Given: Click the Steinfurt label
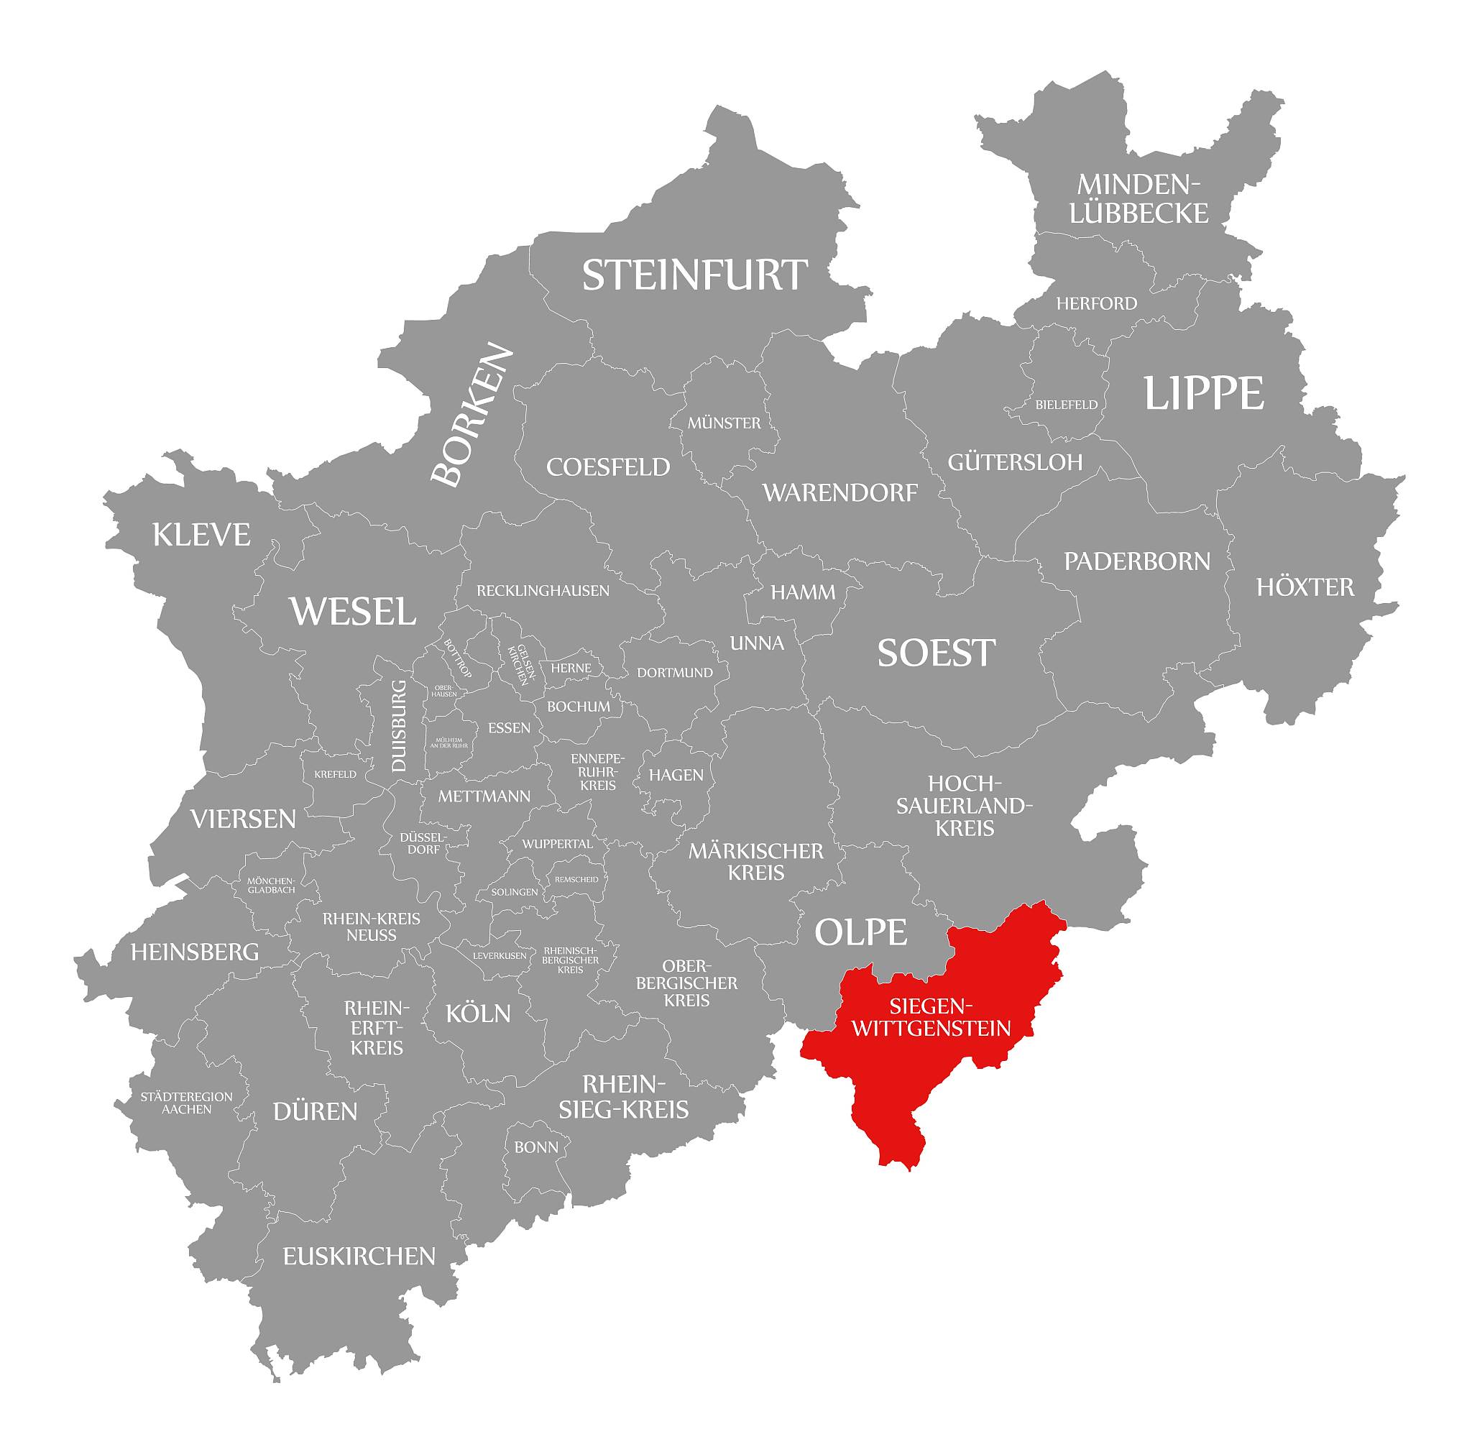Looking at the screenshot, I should [x=694, y=275].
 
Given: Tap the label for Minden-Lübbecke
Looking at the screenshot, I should [x=1138, y=199].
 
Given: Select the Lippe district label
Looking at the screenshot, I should [x=1204, y=394].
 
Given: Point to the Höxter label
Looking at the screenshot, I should [x=1305, y=587].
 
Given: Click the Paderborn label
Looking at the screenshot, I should [x=1137, y=561].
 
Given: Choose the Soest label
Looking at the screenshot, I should [x=937, y=653].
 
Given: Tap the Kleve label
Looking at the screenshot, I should [x=201, y=535].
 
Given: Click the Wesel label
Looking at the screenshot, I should [x=353, y=611].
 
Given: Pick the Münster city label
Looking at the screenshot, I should [x=724, y=423].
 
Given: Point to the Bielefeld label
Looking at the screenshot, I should [x=1067, y=405].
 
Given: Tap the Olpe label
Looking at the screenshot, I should [x=861, y=931].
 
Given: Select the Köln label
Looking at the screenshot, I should [x=478, y=1014].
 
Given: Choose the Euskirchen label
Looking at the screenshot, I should [x=359, y=1256].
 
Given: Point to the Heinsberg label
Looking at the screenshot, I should [x=195, y=952].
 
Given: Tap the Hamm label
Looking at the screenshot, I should [x=803, y=592].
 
